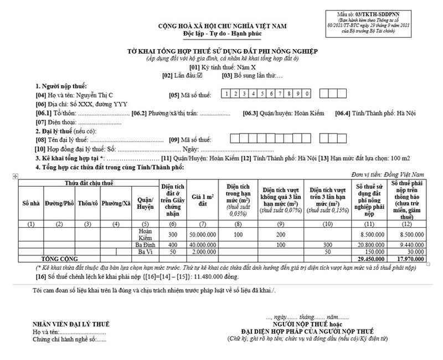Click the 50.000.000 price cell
[x=203, y=234]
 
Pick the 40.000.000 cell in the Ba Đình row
[x=203, y=244]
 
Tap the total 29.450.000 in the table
[x=369, y=259]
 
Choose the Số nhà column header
[x=31, y=204]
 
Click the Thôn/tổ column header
[x=87, y=204]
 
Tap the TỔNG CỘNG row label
[x=60, y=259]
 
